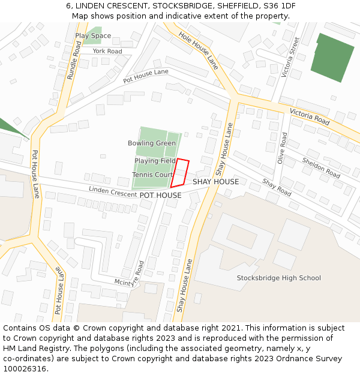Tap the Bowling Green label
(152, 143)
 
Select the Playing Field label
(155, 161)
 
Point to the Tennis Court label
(152, 175)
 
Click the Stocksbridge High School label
(278, 278)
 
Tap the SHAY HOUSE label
(215, 182)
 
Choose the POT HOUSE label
(160, 196)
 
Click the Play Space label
(93, 36)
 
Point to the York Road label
(107, 52)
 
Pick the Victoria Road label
(310, 116)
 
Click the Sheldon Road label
(321, 167)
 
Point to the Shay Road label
(277, 188)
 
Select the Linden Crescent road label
(113, 191)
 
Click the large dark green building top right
(332, 58)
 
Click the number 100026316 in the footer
(24, 368)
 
